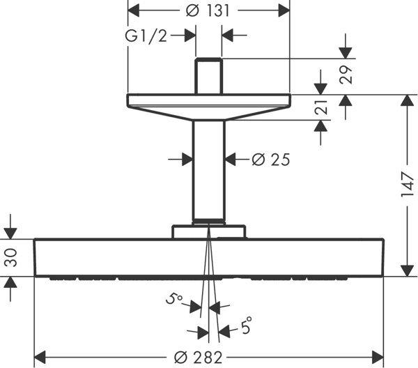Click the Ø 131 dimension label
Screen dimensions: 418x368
(208, 11)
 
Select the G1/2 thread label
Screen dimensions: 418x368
(146, 36)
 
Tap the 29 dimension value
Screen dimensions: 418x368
(346, 75)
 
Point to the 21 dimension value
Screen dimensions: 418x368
(320, 107)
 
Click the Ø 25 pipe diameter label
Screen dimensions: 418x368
(270, 160)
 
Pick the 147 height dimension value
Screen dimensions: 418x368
(407, 185)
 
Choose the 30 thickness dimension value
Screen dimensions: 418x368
(11, 258)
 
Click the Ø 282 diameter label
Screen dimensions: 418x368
(198, 358)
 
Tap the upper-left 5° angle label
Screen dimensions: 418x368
(173, 298)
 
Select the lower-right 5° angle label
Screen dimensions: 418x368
(247, 325)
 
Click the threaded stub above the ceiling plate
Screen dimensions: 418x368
(209, 76)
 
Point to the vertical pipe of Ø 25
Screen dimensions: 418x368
(209, 171)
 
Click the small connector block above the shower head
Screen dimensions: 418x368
(209, 231)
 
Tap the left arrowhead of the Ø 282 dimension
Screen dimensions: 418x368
(40, 358)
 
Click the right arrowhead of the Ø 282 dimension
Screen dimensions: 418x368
(378, 358)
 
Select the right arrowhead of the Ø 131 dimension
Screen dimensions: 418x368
(284, 10)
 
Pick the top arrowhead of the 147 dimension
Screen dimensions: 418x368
(407, 100)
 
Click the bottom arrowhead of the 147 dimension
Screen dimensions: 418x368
(407, 271)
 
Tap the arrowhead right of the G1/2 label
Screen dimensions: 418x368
(190, 36)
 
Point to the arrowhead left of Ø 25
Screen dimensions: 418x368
(187, 159)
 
